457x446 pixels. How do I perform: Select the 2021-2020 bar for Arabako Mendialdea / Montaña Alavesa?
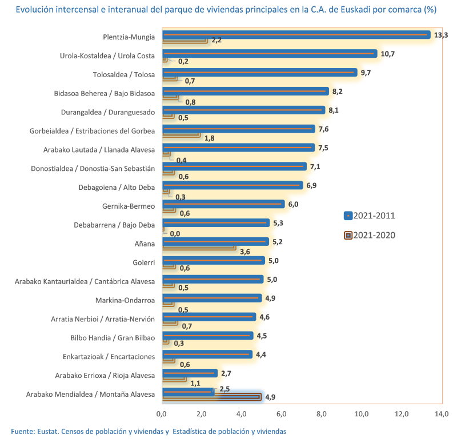212,397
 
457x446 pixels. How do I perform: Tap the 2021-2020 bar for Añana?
199,247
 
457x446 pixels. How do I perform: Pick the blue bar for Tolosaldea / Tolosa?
260,73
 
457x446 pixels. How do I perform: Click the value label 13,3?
441,35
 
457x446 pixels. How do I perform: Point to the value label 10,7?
388,54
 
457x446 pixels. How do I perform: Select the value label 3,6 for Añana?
245,251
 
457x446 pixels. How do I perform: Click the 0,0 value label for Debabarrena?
174,233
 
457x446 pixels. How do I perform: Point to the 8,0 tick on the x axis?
321,413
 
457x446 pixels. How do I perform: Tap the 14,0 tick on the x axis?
442,413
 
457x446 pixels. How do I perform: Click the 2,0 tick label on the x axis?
201,413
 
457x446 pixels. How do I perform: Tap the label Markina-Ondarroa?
125,300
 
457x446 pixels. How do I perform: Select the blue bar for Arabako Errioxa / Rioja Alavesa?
190,373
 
